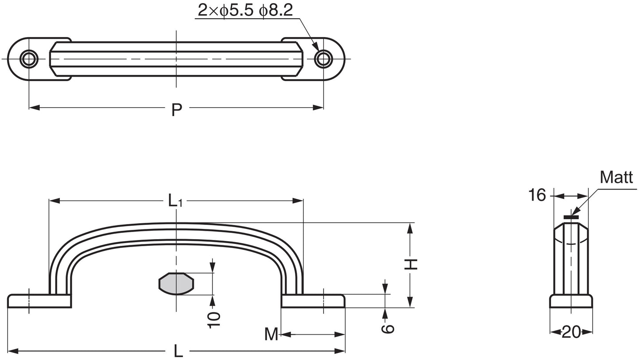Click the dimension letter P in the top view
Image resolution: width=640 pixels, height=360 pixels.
177,110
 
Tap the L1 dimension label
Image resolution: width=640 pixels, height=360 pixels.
175,200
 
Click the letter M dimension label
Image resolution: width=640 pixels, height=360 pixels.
271,334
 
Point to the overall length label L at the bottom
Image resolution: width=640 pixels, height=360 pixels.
178,351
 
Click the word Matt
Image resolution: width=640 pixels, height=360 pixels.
616,178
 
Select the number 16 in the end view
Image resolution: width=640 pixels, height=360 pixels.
537,195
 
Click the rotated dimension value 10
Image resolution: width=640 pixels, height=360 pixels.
214,320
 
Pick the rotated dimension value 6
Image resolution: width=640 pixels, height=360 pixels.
388,329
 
